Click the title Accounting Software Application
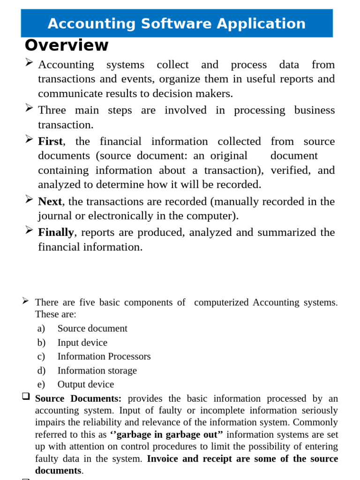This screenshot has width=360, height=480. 177,23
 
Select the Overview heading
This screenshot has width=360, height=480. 67,45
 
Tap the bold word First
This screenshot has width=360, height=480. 50,142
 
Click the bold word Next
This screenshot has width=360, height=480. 50,202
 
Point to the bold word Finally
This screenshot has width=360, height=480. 56,232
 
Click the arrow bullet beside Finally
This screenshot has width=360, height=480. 29,230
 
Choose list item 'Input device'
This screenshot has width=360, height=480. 82,343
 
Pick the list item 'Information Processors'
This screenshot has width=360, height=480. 104,356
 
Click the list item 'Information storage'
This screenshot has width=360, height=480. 97,370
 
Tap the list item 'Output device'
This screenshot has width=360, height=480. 85,384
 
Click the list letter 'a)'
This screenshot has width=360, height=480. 41,329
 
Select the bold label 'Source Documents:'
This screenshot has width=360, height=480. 78,398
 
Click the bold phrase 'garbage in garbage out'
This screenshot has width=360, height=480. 166,435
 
